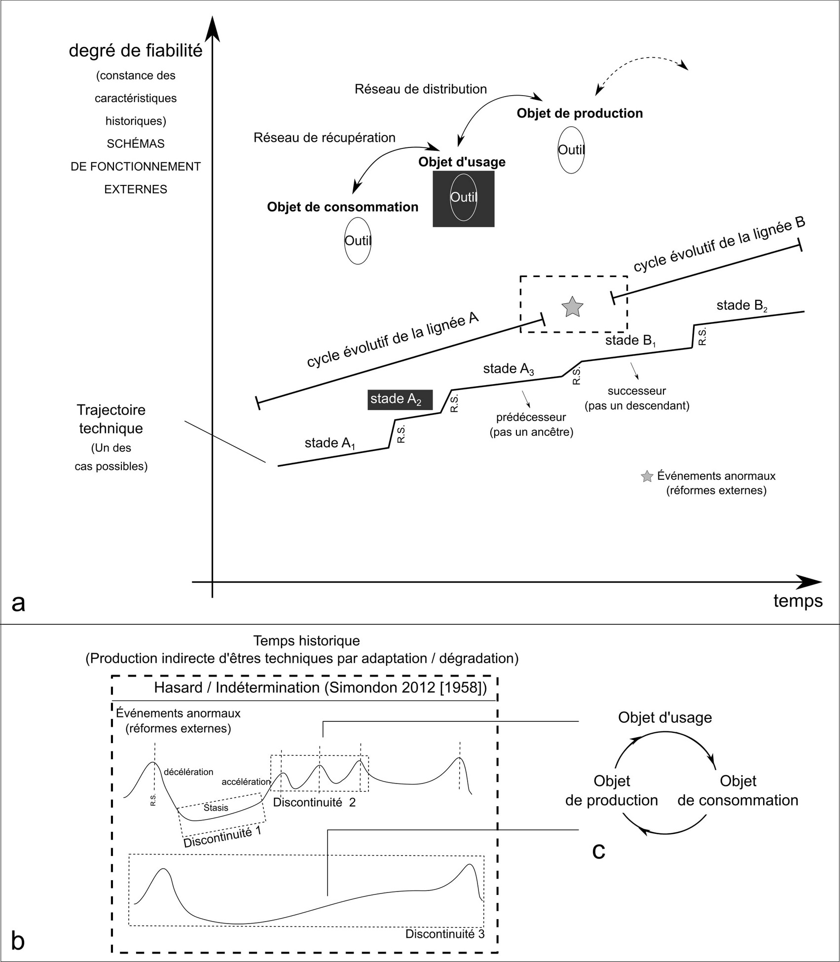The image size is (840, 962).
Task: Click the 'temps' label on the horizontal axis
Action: (798, 601)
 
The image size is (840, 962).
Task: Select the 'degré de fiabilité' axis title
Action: (136, 51)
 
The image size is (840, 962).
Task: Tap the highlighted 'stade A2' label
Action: (400, 399)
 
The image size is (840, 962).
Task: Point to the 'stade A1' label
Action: (330, 443)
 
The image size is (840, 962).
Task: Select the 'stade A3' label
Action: (509, 369)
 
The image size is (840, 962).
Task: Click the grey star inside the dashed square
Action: (572, 307)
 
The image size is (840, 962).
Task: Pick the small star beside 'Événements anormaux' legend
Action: (646, 476)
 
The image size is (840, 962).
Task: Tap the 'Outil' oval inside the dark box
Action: (463, 197)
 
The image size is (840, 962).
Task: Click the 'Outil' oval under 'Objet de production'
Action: (571, 150)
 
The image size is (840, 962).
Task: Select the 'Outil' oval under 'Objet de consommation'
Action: (358, 241)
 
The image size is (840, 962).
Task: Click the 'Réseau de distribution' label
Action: (421, 89)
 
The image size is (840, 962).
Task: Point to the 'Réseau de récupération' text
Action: (325, 138)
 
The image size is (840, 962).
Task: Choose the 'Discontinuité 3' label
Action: (444, 934)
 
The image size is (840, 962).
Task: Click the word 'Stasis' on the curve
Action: (216, 807)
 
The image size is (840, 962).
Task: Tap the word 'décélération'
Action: (188, 772)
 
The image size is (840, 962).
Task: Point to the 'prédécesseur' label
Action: (531, 417)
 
